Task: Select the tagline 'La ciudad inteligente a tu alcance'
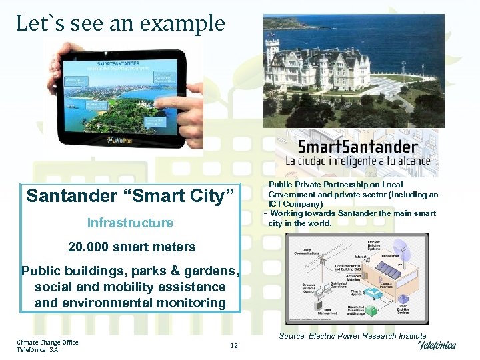pos(357,161)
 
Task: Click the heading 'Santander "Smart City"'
pos(131,196)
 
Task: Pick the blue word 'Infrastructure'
pos(130,223)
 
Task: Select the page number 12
pos(233,345)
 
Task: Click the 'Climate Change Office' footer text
pos(47,342)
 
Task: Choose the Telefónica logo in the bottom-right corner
pos(437,345)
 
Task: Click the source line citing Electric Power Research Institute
pos(353,336)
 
